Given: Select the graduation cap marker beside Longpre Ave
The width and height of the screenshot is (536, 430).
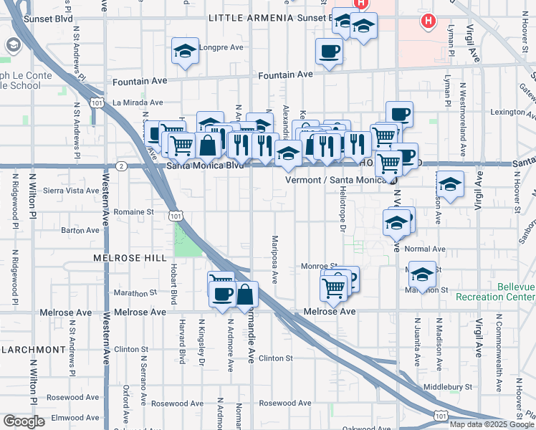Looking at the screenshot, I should point(185,52).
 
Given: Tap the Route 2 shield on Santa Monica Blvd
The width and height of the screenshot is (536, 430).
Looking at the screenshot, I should point(123,166).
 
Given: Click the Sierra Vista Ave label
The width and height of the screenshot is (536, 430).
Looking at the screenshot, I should point(71,191).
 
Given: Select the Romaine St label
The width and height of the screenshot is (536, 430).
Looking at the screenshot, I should point(134,212).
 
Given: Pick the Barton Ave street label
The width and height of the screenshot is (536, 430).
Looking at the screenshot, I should point(80,231).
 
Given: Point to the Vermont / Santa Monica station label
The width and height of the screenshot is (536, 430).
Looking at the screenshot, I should point(336,180).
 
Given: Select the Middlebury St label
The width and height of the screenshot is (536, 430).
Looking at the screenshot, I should point(448,386).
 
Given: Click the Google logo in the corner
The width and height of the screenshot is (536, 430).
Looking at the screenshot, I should point(24,421).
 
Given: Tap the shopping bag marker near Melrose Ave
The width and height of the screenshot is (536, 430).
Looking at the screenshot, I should point(245,295).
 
